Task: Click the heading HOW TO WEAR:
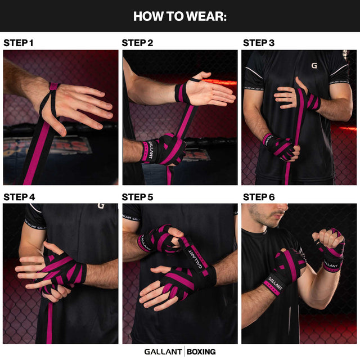tap(180, 16)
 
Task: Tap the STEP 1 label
tap(19, 43)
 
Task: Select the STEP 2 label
tap(137, 43)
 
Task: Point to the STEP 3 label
tap(259, 43)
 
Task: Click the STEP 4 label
tap(19, 197)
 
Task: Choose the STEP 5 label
tap(137, 197)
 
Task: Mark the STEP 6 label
tap(259, 197)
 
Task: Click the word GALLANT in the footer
tap(163, 352)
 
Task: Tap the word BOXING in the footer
tap(201, 352)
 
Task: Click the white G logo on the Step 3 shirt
tap(314, 66)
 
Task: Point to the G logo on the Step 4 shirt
tap(101, 205)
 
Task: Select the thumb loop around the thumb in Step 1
tap(53, 87)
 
